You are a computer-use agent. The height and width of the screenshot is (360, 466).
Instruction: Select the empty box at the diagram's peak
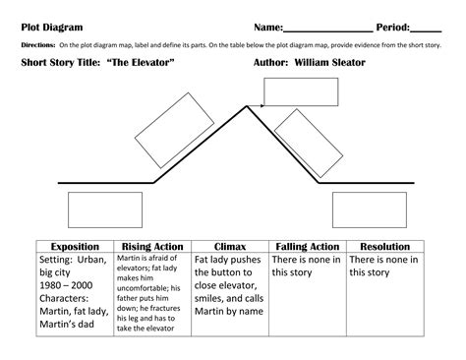point(291,90)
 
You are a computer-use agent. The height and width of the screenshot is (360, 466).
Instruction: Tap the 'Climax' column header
point(229,246)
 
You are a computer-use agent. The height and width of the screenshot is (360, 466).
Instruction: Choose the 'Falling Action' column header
point(307,246)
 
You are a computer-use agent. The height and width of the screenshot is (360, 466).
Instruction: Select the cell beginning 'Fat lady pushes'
point(229,280)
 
